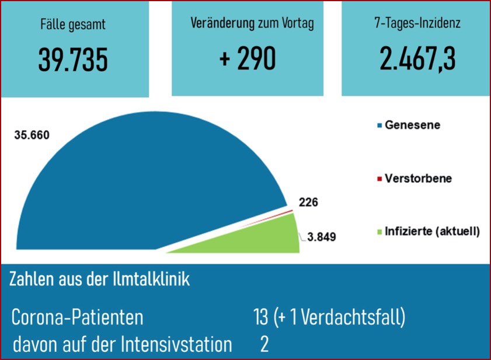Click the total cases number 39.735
(74, 60)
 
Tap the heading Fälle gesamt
(74, 25)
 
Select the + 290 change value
(247, 59)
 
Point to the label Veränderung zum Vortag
(252, 24)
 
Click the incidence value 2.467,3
(417, 59)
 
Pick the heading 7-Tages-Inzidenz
(417, 24)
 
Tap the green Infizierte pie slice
(257, 239)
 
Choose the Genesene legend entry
(412, 125)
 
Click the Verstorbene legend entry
(417, 178)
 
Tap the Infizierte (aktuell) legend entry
(431, 231)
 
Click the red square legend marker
(379, 178)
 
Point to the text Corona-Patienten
(77, 318)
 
